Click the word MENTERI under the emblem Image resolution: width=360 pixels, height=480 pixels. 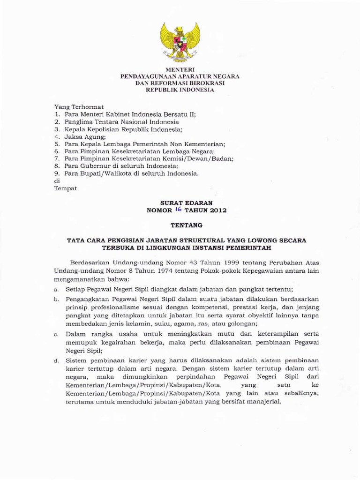tap(180, 69)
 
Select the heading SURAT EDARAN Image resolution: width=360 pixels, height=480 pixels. tap(180, 202)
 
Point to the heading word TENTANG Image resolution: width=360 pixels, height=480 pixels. tap(180, 225)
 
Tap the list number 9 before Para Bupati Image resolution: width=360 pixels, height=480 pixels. tap(56, 173)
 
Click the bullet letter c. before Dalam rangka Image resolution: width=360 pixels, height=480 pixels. tap(56, 335)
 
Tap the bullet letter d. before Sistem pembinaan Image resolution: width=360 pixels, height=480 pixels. tap(56, 361)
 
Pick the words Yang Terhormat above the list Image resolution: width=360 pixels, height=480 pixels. tap(79, 107)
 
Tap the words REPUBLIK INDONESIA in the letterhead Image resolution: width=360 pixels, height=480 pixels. tap(180, 90)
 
